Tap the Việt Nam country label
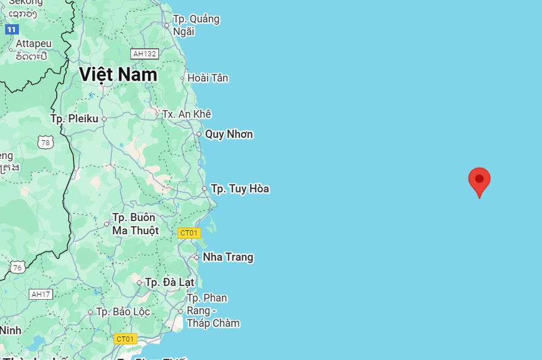[x=118, y=75]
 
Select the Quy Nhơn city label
[x=229, y=134]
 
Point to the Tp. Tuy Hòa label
[x=240, y=189]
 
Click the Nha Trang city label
[x=228, y=258]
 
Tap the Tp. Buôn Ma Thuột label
[x=135, y=224]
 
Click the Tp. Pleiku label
[x=74, y=119]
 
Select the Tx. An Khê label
[x=187, y=114]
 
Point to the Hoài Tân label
[x=208, y=78]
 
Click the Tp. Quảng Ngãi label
[x=196, y=25]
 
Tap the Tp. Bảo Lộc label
[x=123, y=312]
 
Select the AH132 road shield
[x=145, y=54]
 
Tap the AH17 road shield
[x=41, y=294]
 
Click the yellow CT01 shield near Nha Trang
[x=189, y=233]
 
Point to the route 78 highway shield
[x=45, y=143]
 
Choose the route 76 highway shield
[x=17, y=268]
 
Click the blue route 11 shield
[x=11, y=29]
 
